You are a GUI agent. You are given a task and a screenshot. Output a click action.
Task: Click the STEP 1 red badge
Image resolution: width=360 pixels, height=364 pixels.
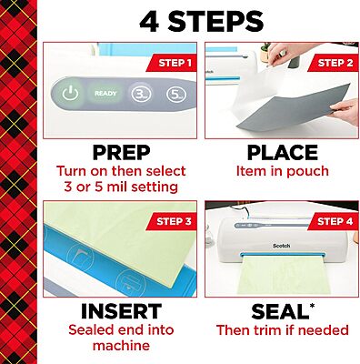pos(170,62)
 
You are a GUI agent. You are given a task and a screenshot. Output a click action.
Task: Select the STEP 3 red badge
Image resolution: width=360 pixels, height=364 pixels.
pos(170,221)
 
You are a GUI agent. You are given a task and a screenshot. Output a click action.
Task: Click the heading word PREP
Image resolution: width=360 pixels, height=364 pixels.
pos(121,153)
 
